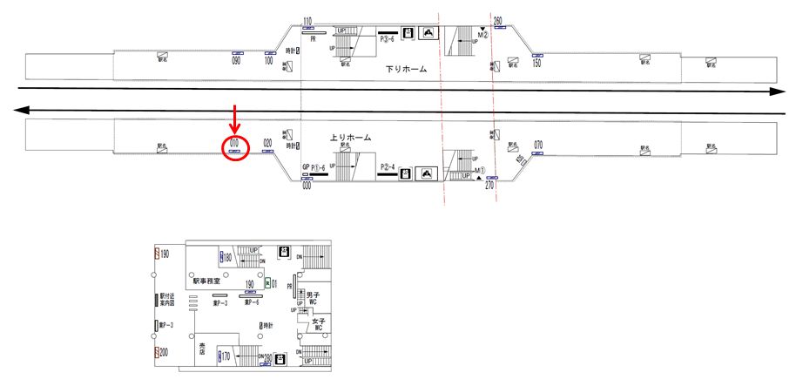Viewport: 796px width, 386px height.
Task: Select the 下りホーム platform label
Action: point(406,69)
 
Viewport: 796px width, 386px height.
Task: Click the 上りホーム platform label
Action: point(351,138)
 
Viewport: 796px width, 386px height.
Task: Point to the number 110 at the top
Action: point(307,20)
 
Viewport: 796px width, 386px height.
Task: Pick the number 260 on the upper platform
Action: point(498,20)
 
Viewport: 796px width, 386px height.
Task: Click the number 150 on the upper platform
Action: point(536,63)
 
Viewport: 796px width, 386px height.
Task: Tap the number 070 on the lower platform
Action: point(539,144)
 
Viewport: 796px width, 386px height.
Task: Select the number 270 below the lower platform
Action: point(489,185)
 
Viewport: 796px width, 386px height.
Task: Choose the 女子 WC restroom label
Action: point(318,325)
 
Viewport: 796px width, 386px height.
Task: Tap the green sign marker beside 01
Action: point(267,283)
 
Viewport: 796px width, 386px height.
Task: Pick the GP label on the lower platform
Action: point(306,167)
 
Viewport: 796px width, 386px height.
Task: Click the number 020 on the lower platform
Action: point(268,144)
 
